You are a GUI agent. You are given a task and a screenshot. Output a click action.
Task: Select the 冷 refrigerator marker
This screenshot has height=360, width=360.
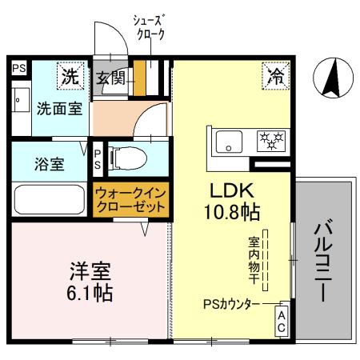click(x=275, y=78)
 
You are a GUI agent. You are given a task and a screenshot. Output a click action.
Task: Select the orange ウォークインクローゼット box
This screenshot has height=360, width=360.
click(x=131, y=199)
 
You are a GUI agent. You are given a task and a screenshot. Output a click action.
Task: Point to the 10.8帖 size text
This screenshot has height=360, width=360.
click(x=233, y=212)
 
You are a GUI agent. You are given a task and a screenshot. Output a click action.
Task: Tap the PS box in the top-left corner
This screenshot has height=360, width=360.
click(x=18, y=69)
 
